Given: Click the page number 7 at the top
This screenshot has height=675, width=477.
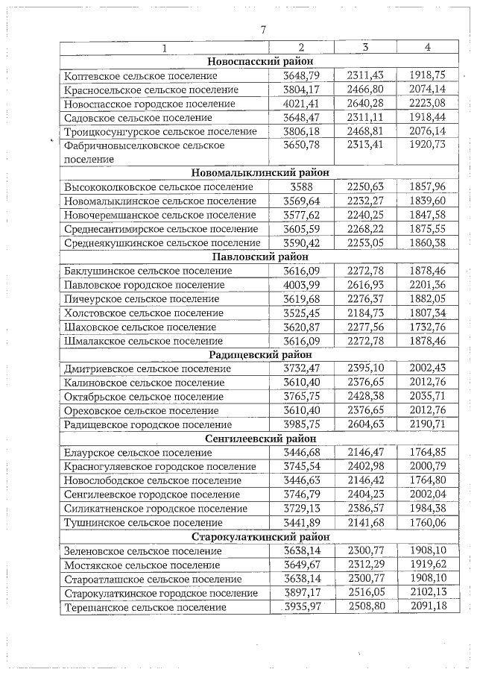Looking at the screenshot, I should (262, 30).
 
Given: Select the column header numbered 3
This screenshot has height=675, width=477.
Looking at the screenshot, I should (365, 48).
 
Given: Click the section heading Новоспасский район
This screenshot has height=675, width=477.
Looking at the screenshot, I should (260, 62).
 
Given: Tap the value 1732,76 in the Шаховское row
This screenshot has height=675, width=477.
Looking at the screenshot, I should (427, 327).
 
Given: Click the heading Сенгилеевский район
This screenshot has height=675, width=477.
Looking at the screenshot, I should (260, 439).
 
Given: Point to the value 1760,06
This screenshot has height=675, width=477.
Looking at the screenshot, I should (427, 522).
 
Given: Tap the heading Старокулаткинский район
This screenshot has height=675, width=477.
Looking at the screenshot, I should (260, 537).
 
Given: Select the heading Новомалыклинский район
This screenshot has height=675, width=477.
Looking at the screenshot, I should (260, 173).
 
